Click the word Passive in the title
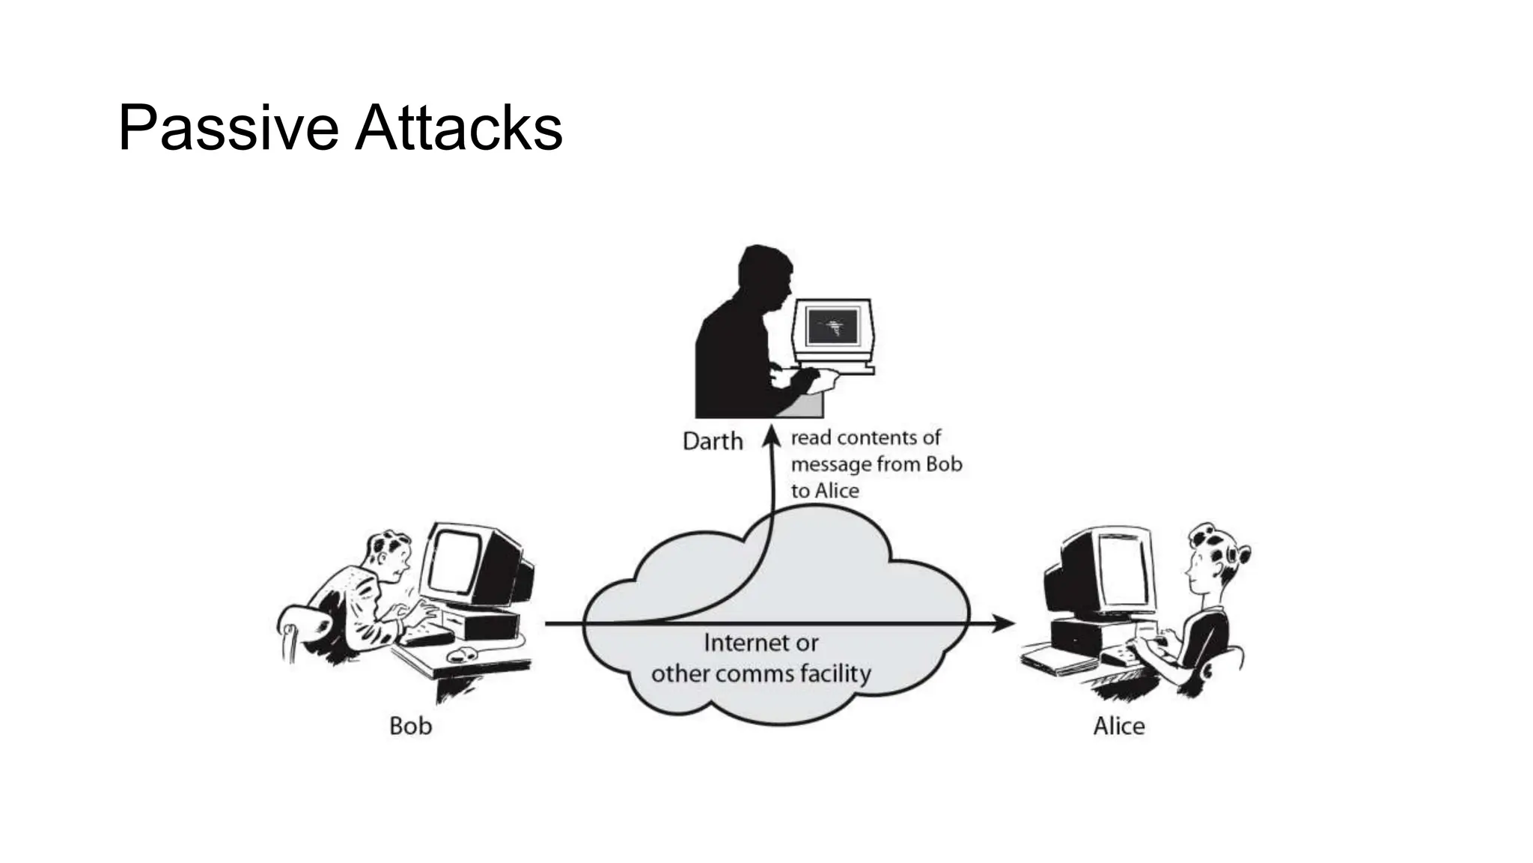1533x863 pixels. pyautogui.click(x=228, y=129)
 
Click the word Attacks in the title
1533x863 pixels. pyautogui.click(x=458, y=129)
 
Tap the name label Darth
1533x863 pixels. pyautogui.click(x=713, y=441)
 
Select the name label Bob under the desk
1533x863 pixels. pyautogui.click(x=410, y=726)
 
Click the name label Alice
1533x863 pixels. pyautogui.click(x=1118, y=726)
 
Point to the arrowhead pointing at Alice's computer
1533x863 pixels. pyautogui.click(x=1005, y=623)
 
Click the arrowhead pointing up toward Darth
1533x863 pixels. pyautogui.click(x=772, y=436)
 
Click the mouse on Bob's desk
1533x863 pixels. pyautogui.click(x=463, y=654)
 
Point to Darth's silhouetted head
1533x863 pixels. pyautogui.click(x=764, y=273)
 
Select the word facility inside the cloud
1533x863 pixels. pyautogui.click(x=835, y=673)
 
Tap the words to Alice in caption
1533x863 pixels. pyautogui.click(x=825, y=491)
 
